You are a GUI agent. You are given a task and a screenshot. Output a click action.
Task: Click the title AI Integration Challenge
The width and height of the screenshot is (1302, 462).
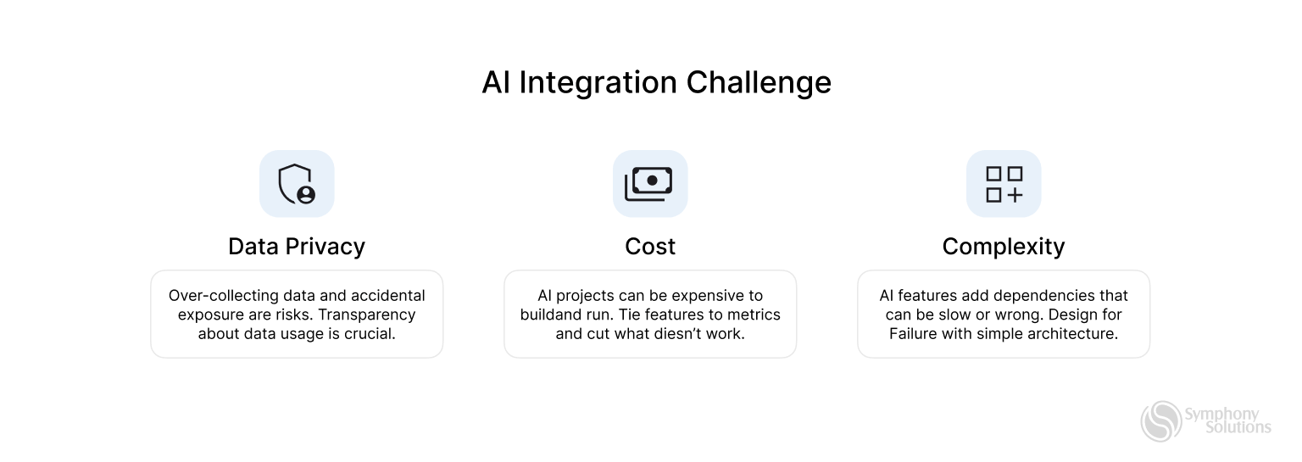656,83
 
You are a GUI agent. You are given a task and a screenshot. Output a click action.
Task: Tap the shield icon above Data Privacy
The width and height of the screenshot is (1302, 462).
297,184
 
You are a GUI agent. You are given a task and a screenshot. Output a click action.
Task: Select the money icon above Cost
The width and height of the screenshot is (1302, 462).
649,184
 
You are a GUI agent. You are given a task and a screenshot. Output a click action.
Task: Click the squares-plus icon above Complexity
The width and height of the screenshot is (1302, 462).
1004,184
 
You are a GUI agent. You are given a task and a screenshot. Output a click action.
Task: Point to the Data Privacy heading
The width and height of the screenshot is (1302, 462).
297,247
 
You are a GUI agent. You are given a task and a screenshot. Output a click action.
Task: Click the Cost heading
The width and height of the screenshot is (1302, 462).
650,247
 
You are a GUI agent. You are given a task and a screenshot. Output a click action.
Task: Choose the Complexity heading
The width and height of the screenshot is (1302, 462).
1004,247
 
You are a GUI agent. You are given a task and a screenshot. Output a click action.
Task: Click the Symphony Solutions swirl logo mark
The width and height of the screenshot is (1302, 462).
1160,421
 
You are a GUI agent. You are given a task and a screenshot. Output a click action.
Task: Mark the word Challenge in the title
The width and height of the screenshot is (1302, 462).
759,83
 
